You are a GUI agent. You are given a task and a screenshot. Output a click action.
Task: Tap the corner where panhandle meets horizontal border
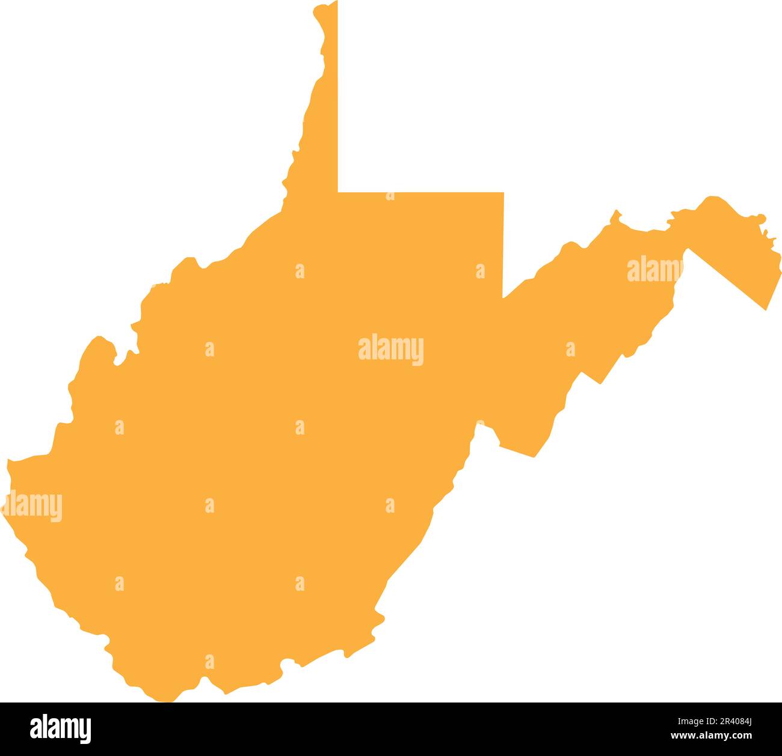338,192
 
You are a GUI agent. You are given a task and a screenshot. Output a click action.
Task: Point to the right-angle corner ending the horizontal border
503,193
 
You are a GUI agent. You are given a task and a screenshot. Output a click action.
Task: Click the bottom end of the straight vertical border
503,297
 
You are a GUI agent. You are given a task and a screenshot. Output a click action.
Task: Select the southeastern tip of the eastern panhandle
766,309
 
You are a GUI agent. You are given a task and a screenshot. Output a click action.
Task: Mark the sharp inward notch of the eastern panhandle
686,248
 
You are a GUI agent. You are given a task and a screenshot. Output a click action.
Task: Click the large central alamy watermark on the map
390,350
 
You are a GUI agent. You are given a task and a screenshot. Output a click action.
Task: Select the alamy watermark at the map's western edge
31,507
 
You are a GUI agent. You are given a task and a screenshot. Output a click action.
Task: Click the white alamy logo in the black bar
61,728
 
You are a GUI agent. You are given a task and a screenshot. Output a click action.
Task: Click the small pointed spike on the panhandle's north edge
615,212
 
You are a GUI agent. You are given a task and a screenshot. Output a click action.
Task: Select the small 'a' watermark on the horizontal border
390,195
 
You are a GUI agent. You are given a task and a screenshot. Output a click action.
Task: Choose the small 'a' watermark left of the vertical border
480,272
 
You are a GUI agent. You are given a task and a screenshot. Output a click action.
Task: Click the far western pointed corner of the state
7,462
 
